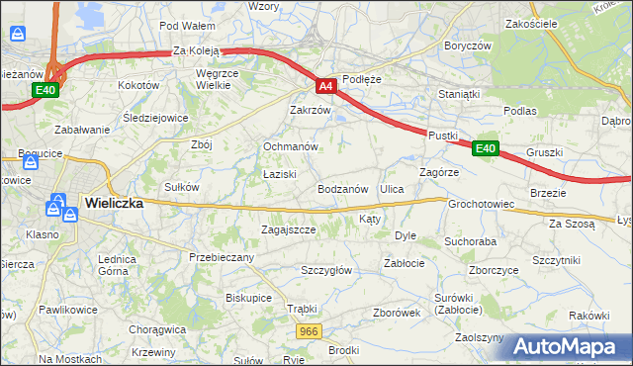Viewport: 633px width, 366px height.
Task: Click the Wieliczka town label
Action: click(114, 202)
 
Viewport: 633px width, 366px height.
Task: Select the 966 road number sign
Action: click(308, 331)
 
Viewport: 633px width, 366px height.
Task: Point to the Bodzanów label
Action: click(343, 188)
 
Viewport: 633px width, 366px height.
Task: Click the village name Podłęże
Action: click(361, 78)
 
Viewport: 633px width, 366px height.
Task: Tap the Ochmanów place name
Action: click(290, 146)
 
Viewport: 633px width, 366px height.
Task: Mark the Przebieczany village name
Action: click(222, 257)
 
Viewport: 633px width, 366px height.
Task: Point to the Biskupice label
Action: click(248, 297)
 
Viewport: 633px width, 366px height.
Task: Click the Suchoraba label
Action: click(470, 240)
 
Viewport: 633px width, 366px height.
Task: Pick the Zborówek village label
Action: click(398, 313)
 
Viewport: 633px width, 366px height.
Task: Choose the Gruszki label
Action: click(545, 152)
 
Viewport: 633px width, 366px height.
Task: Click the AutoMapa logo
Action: click(570, 346)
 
